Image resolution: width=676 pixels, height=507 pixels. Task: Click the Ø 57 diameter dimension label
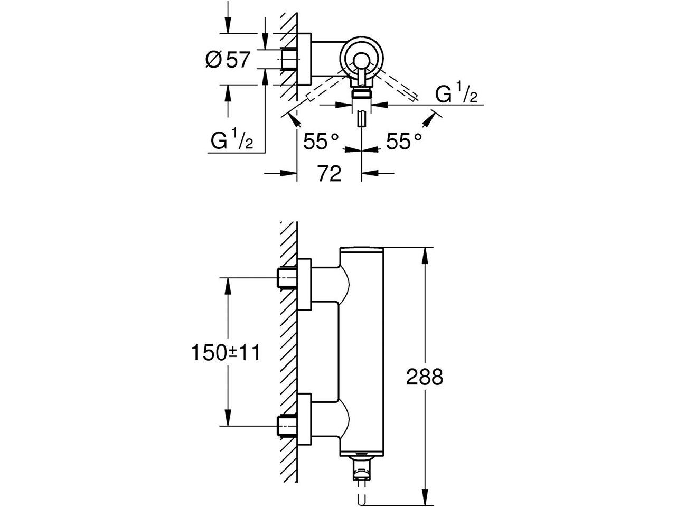[x=228, y=59]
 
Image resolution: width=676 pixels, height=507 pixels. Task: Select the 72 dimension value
[x=329, y=174]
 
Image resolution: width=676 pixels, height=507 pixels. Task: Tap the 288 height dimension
[x=425, y=377]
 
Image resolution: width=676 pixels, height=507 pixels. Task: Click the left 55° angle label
[x=321, y=142]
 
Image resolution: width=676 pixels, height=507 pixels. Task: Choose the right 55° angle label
[x=404, y=142]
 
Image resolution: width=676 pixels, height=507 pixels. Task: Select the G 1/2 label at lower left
[x=232, y=139]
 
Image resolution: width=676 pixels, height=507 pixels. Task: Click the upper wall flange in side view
[x=304, y=284]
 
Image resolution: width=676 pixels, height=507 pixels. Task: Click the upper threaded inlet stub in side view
[x=287, y=278]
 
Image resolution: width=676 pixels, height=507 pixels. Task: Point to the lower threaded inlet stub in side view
[x=287, y=426]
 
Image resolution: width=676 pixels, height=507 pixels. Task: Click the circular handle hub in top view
[x=362, y=59]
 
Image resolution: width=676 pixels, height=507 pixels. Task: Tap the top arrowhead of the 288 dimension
[x=425, y=255]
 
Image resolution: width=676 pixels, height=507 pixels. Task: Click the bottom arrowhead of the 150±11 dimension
[x=228, y=418]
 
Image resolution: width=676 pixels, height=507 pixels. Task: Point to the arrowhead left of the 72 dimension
[x=288, y=173]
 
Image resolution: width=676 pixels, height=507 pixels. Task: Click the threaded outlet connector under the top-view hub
[x=362, y=93]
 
